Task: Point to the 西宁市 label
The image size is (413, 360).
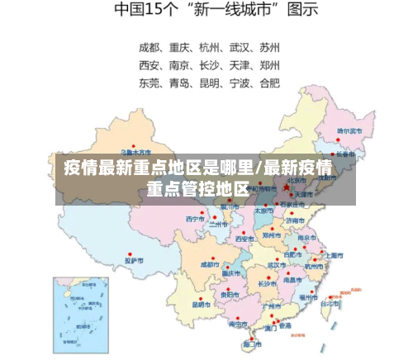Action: pyautogui.click(x=194, y=219)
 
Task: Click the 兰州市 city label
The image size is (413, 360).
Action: pyautogui.click(x=218, y=224)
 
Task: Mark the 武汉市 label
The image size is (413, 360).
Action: pyautogui.click(x=277, y=265)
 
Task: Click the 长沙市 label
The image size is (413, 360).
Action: pyautogui.click(x=267, y=283)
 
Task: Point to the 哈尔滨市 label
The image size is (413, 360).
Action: pyautogui.click(x=349, y=130)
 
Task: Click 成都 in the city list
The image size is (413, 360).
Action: pyautogui.click(x=150, y=46)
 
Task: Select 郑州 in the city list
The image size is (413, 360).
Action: pyautogui.click(x=269, y=64)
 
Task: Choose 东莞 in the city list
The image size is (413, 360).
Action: pyautogui.click(x=150, y=83)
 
